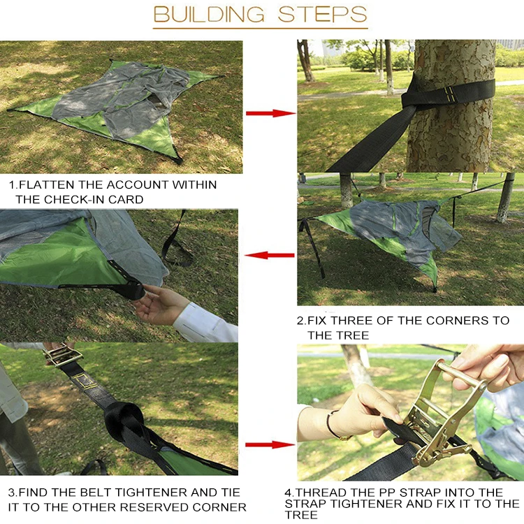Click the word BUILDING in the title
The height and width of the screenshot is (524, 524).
[209, 14]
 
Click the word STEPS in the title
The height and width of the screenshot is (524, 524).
[323, 14]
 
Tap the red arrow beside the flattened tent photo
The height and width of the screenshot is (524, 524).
[270, 113]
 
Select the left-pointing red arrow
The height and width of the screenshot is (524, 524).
[270, 255]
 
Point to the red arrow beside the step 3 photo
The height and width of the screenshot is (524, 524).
[270, 444]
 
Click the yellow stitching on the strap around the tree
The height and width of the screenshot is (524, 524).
[450, 94]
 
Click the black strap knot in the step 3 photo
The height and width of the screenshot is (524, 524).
[124, 419]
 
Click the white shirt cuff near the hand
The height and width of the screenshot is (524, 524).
[205, 323]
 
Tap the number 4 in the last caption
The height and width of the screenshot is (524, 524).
[289, 493]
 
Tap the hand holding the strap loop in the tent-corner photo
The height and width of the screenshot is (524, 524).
[161, 304]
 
